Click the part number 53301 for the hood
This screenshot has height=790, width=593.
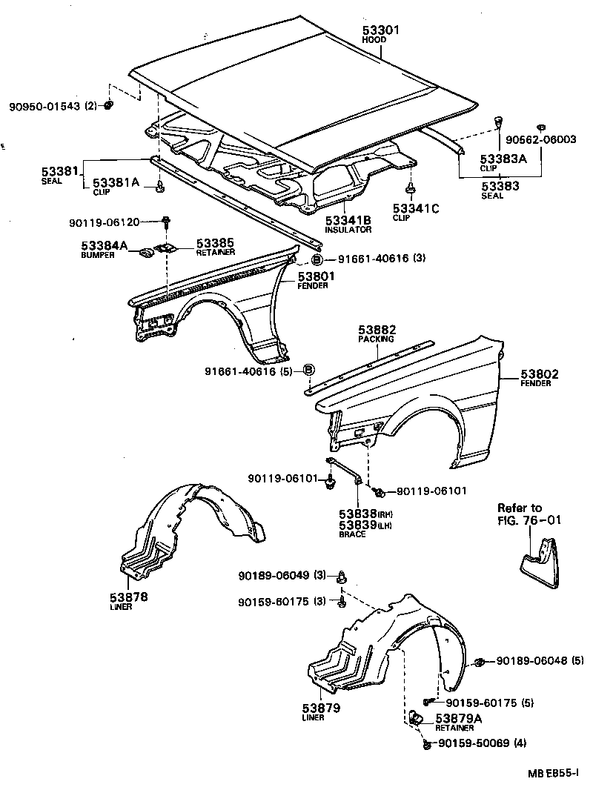tap(381, 30)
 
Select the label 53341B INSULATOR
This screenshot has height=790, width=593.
tap(348, 224)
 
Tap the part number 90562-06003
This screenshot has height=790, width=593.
tap(540, 139)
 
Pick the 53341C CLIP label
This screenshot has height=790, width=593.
tap(416, 212)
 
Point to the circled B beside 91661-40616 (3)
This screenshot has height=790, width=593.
tap(317, 259)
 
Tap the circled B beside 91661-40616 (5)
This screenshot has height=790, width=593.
tap(309, 370)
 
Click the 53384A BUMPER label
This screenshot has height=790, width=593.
tap(104, 248)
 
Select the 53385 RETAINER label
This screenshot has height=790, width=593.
tap(216, 246)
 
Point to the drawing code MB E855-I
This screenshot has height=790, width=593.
tap(554, 774)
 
